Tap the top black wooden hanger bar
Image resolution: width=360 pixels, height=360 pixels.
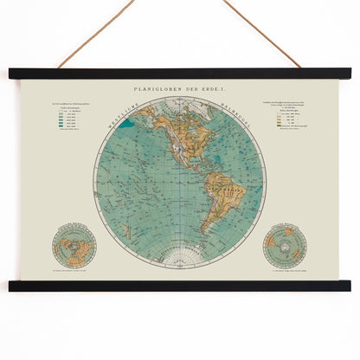pyautogui.click(x=180, y=74)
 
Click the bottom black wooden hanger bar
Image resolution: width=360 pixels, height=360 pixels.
pyautogui.click(x=180, y=285)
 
